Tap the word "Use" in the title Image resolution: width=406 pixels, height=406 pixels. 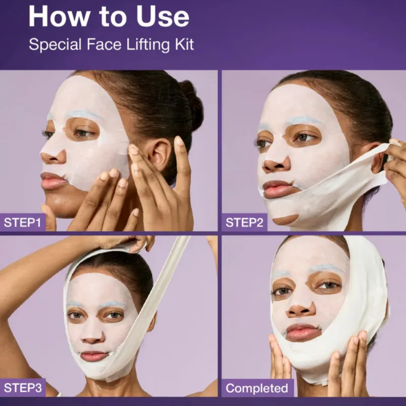(163, 16)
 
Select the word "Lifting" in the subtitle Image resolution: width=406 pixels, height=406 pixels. (148, 44)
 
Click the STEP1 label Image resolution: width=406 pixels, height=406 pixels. (22, 222)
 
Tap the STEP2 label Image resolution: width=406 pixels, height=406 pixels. (245, 222)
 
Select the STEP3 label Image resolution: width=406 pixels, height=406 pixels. (22, 388)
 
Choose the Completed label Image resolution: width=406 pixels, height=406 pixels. (257, 388)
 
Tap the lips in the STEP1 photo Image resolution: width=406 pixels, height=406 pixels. (53, 181)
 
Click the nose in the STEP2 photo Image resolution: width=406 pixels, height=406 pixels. (277, 163)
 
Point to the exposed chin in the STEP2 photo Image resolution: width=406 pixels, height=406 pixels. (285, 220)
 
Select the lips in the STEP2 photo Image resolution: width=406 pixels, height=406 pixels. (278, 189)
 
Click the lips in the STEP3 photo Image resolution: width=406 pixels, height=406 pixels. (94, 356)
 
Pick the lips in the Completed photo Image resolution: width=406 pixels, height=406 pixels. (303, 332)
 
